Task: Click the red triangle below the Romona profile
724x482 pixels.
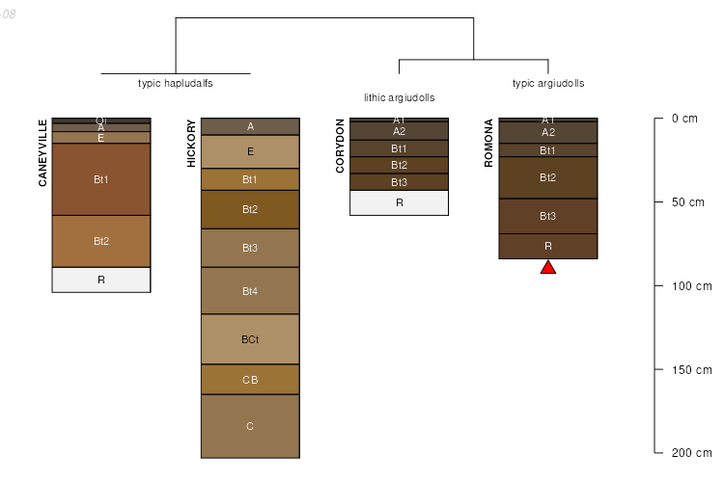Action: click(547, 267)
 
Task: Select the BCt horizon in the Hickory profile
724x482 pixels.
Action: click(250, 339)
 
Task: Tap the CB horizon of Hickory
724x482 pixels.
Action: click(250, 379)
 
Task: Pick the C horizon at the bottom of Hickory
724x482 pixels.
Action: click(250, 425)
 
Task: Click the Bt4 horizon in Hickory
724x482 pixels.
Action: click(250, 290)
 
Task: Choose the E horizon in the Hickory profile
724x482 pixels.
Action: click(250, 151)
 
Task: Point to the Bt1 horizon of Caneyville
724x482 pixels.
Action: click(101, 179)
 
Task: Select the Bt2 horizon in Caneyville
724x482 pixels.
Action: click(101, 241)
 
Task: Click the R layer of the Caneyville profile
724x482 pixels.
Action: click(101, 280)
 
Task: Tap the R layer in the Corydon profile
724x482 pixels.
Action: click(399, 202)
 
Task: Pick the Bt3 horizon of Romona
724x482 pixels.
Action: click(547, 216)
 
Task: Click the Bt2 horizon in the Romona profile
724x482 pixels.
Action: click(547, 177)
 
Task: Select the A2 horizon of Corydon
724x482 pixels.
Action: click(399, 131)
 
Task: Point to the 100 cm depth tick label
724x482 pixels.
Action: click(690, 286)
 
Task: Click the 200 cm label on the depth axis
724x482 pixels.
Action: click(690, 453)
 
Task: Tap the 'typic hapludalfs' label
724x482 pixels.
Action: click(175, 83)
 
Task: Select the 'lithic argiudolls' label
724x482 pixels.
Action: click(399, 97)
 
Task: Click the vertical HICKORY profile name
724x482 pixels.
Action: click(191, 144)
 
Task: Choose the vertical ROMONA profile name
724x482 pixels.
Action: click(488, 144)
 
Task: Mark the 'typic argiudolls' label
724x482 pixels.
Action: click(547, 83)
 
